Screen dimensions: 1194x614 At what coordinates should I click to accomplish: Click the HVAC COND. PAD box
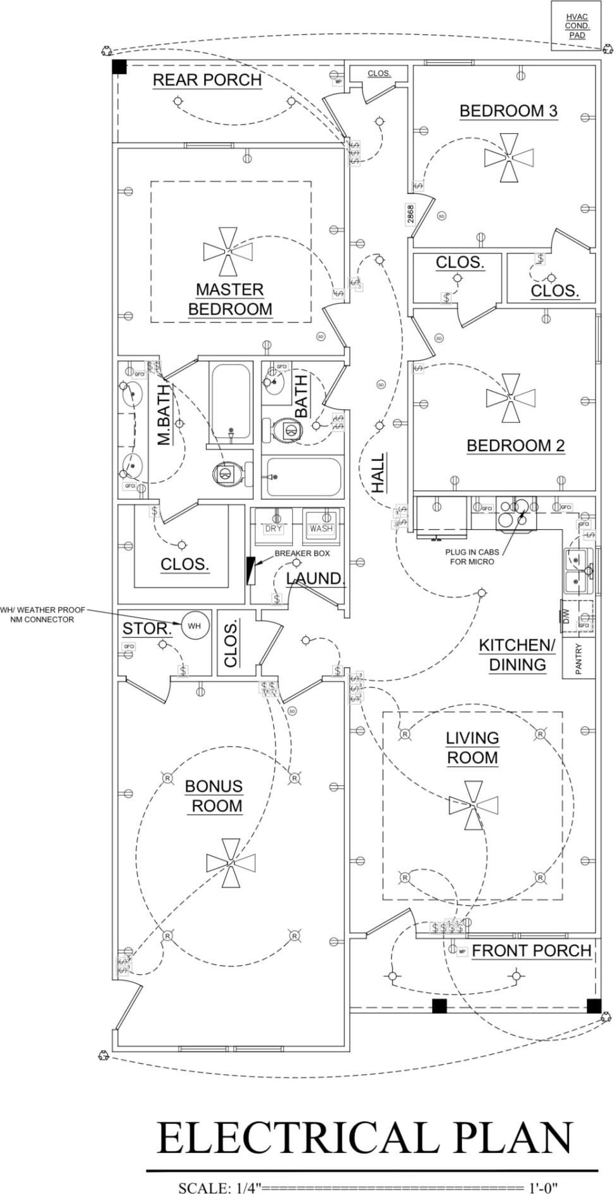(577, 26)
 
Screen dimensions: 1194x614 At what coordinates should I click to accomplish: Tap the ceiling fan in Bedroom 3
(509, 157)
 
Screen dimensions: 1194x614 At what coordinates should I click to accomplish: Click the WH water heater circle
(194, 626)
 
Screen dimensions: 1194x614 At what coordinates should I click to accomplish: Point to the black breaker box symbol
(251, 570)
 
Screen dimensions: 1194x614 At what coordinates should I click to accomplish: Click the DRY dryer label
(273, 529)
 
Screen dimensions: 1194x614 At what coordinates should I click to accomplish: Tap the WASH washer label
(321, 529)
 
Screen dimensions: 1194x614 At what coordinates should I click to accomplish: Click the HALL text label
(378, 472)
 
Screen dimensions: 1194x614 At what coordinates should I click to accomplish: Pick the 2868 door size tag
(410, 214)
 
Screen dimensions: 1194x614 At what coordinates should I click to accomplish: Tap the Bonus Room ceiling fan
(231, 862)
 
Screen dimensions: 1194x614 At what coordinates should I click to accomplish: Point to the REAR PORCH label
(207, 80)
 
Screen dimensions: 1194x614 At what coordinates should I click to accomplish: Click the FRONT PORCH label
(531, 951)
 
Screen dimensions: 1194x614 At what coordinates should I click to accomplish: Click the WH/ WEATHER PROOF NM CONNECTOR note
(42, 615)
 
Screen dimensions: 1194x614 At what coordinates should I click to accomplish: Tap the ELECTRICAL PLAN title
(364, 1138)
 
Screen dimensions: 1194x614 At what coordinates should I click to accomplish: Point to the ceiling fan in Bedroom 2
(510, 398)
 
